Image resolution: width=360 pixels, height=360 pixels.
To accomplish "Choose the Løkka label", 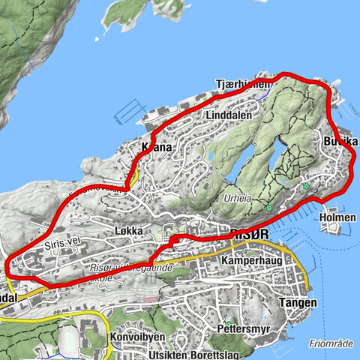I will (x=129, y=232).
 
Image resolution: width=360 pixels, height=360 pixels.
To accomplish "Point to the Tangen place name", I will (x=295, y=303).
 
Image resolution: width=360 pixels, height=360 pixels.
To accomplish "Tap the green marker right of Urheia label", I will (x=268, y=208).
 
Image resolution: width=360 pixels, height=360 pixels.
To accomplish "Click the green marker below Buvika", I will (x=307, y=184).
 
